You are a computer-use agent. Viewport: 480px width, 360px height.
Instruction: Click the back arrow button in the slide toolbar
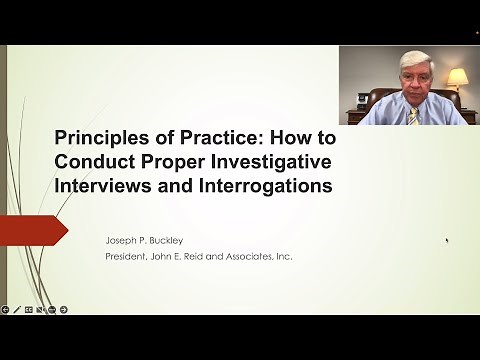point(6,309)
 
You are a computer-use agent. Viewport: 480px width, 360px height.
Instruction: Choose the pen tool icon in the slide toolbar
point(17,309)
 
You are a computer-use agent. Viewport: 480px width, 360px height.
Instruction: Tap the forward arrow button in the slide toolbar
point(64,309)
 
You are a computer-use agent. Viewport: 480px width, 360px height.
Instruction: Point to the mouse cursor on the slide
point(446,240)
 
